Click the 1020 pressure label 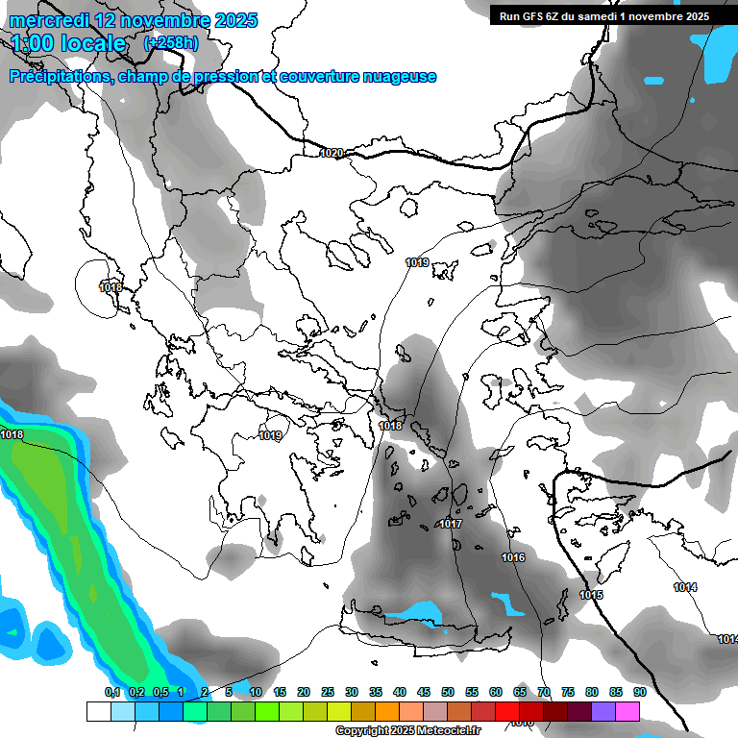(332, 153)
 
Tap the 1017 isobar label (450, 524)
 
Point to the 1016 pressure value (513, 557)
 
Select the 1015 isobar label (591, 596)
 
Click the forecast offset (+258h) (171, 43)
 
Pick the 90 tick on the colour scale (639, 692)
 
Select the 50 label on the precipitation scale (448, 692)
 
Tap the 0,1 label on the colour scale (112, 692)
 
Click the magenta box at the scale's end (627, 711)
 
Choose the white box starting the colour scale (98, 711)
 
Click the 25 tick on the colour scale (328, 692)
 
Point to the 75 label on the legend (567, 692)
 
